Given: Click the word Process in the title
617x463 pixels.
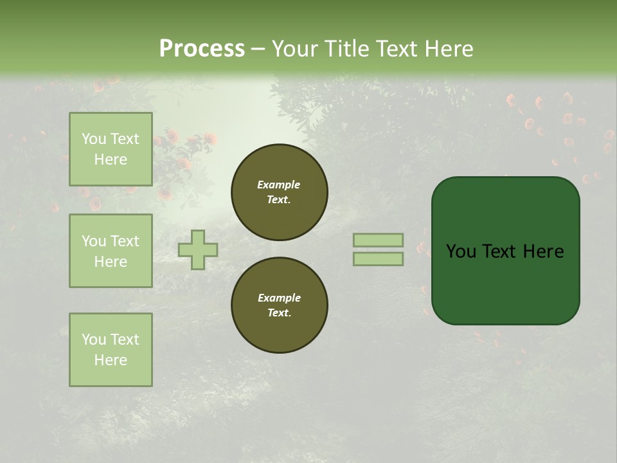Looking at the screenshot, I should click(202, 48).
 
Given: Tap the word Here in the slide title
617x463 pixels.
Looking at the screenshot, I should click(448, 48).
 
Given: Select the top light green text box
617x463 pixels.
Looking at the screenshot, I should click(111, 149).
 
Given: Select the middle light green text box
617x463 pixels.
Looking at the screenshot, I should click(111, 251).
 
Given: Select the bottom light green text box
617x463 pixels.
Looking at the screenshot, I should click(111, 350).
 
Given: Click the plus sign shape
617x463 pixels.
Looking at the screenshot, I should click(198, 250).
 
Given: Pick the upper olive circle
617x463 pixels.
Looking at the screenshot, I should click(280, 192).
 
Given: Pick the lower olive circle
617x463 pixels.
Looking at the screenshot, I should click(280, 305).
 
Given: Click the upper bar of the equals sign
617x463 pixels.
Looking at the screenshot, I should click(378, 240).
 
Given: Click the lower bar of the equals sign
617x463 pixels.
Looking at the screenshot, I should click(378, 259).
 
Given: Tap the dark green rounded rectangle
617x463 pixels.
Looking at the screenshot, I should click(506, 283).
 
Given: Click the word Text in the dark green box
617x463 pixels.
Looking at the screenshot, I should click(501, 251).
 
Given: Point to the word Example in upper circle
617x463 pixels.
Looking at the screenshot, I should click(279, 185).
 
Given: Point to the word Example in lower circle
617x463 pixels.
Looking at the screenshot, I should click(279, 298).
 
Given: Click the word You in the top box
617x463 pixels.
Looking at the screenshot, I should click(93, 139).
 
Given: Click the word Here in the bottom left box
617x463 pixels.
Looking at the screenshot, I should click(111, 360).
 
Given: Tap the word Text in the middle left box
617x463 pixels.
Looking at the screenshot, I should click(125, 241).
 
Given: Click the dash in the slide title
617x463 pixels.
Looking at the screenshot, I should click(258, 48).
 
